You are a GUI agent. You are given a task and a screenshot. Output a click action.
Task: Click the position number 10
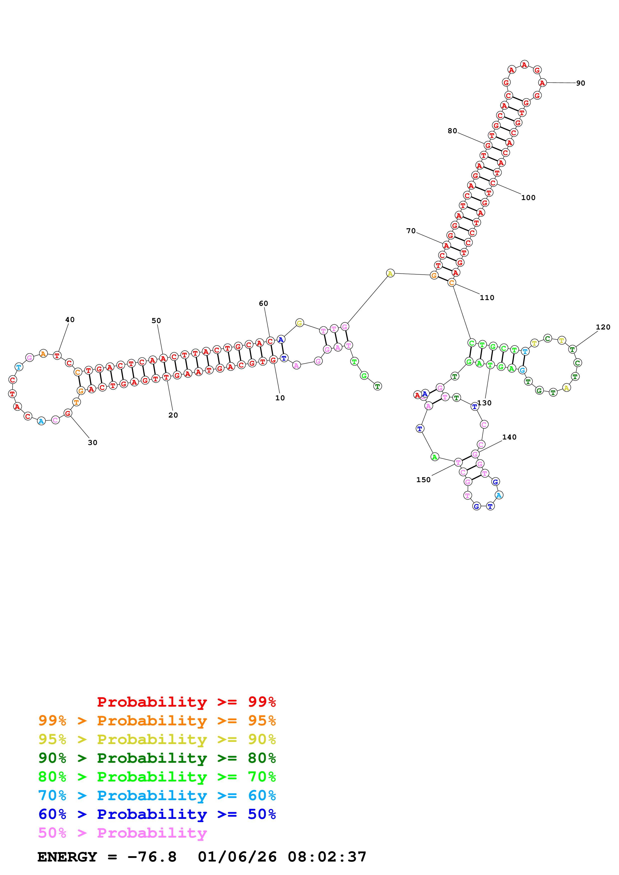tap(280, 398)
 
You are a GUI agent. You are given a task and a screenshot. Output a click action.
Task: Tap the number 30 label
tap(92, 442)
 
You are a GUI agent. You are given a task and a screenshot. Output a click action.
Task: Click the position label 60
tap(263, 303)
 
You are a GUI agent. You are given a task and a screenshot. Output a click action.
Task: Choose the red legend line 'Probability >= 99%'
tap(187, 702)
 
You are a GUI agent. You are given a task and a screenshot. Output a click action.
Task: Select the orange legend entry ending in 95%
tap(157, 720)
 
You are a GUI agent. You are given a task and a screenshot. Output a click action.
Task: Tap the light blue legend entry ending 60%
tap(157, 795)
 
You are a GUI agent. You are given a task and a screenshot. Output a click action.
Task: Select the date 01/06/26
tap(237, 857)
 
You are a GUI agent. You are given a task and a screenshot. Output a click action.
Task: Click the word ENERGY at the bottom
tap(67, 857)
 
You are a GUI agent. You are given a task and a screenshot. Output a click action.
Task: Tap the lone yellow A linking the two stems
tap(390, 273)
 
